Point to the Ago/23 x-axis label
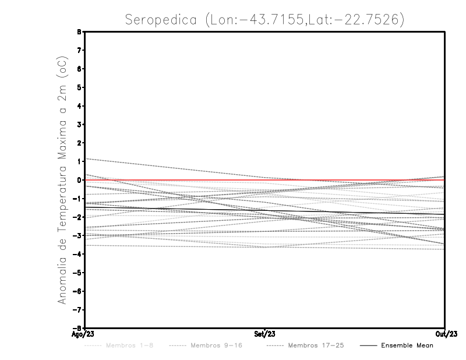84,334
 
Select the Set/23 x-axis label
265,334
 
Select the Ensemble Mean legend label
407,345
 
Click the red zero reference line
349,180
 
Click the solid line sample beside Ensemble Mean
368,345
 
